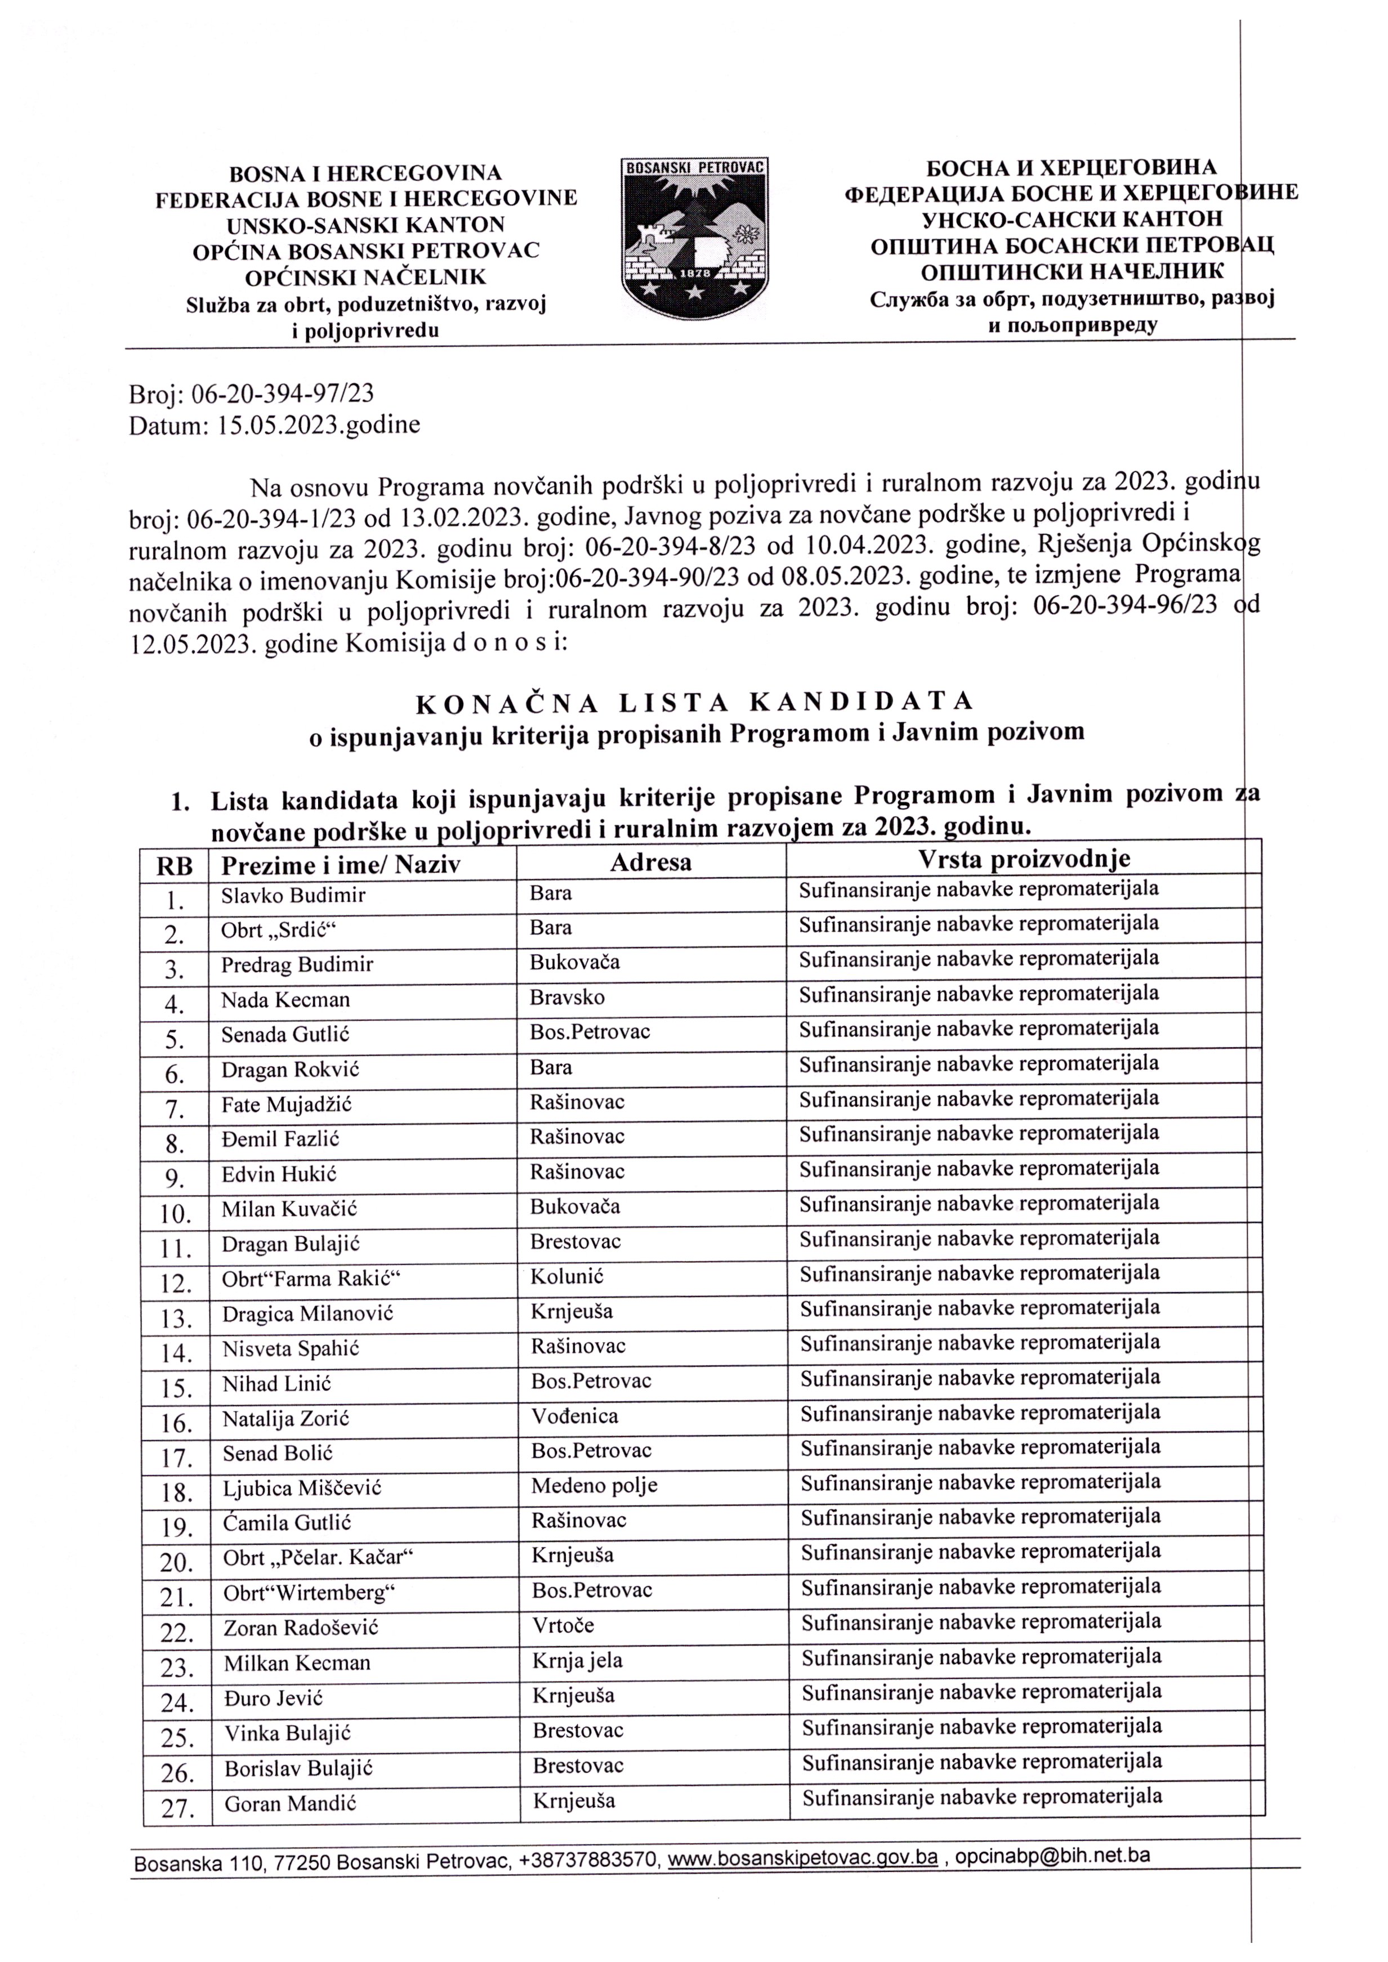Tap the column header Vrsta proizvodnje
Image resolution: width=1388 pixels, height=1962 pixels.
[1023, 858]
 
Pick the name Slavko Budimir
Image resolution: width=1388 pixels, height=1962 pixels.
[293, 896]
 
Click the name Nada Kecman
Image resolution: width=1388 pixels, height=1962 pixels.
[285, 1000]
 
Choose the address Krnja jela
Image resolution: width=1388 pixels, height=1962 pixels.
[578, 1660]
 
